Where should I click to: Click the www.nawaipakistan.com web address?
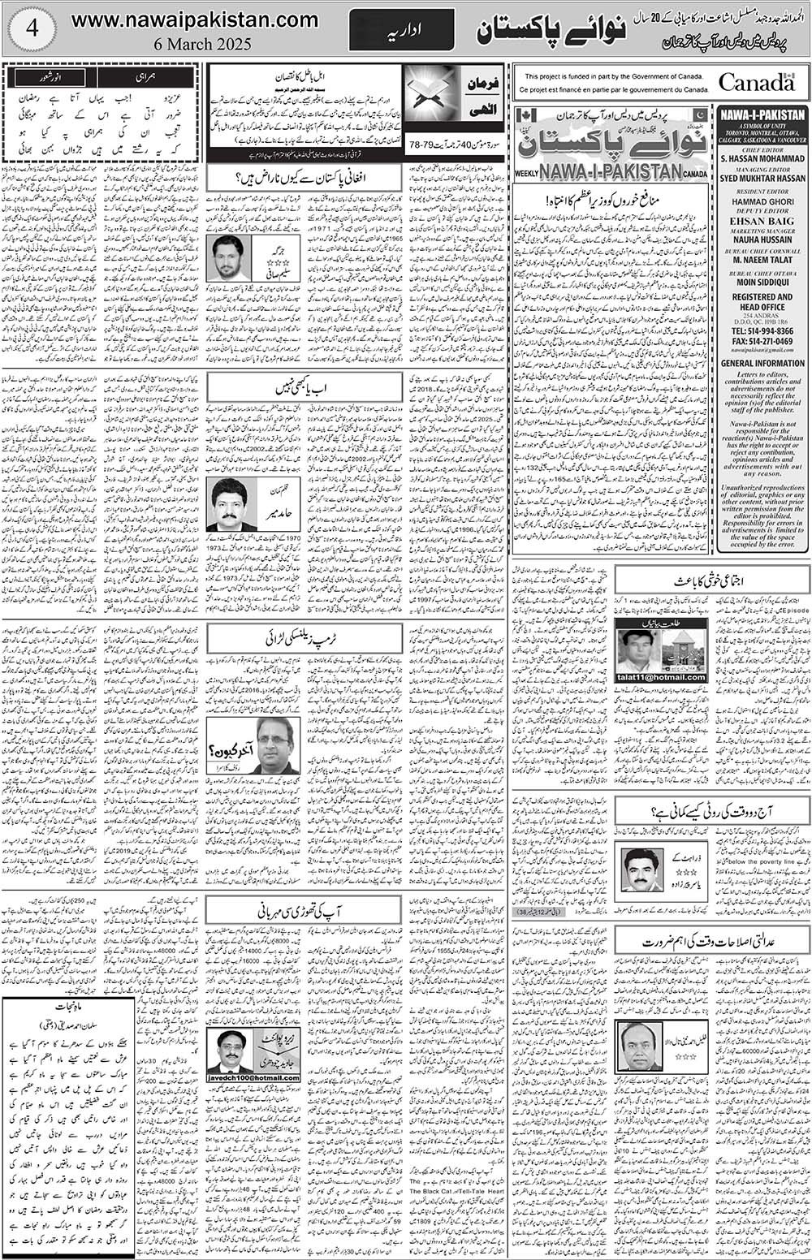pos(194,19)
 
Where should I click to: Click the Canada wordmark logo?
pos(756,82)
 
